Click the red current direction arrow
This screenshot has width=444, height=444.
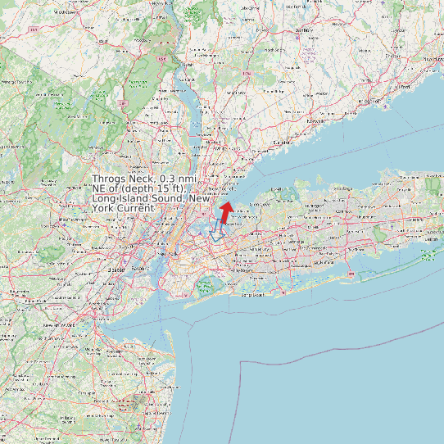coord(225,211)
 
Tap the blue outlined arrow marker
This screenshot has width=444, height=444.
coord(217,229)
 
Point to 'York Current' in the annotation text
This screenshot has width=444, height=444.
coord(123,209)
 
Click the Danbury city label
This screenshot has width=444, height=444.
coord(304,29)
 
